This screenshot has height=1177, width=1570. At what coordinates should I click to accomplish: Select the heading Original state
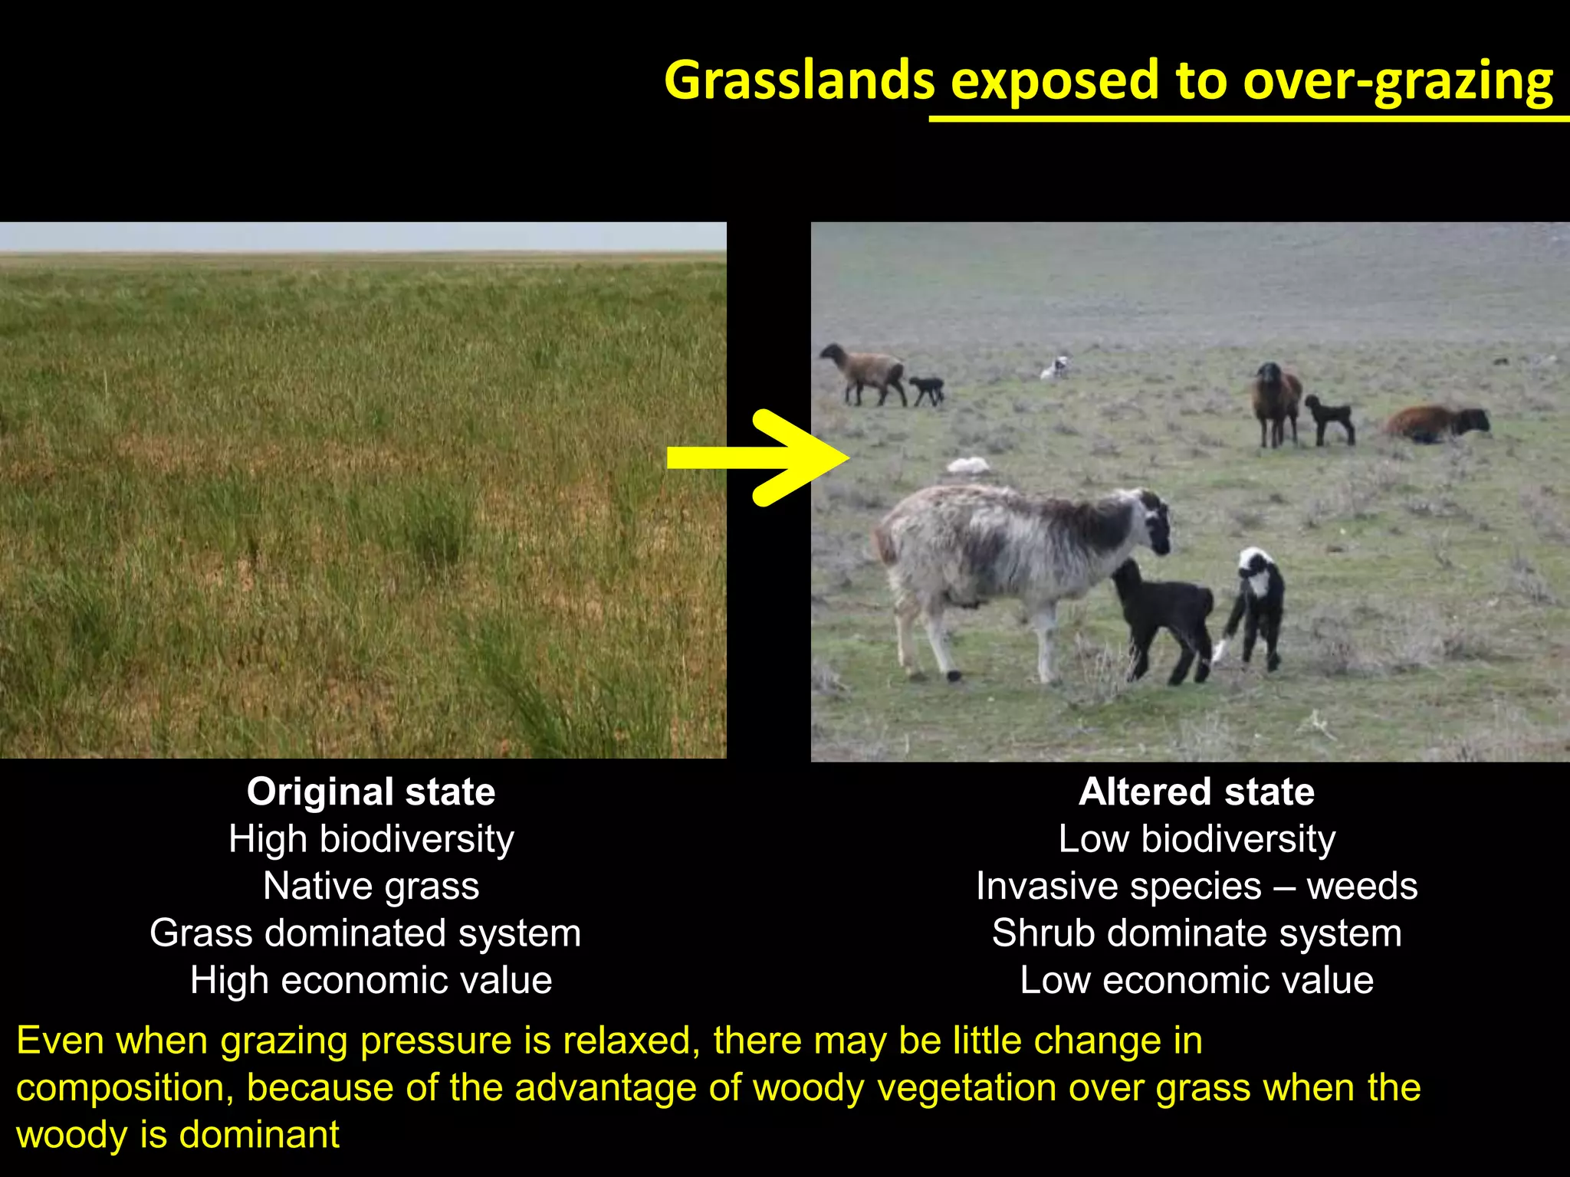click(x=371, y=792)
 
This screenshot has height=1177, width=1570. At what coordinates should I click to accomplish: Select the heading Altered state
click(x=1196, y=792)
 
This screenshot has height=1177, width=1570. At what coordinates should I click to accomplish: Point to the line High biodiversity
click(x=371, y=839)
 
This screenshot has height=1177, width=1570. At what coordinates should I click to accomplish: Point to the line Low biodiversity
click(x=1196, y=839)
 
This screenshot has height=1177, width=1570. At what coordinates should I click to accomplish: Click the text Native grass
click(x=371, y=887)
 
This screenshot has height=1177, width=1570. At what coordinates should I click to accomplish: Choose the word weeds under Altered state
click(x=1361, y=887)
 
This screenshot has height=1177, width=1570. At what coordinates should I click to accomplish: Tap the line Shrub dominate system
click(x=1196, y=933)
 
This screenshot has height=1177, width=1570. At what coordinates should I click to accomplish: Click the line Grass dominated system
click(x=365, y=933)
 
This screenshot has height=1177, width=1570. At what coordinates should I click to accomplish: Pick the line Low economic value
click(x=1196, y=980)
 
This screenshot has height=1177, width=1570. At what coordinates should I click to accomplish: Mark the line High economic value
click(x=371, y=980)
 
